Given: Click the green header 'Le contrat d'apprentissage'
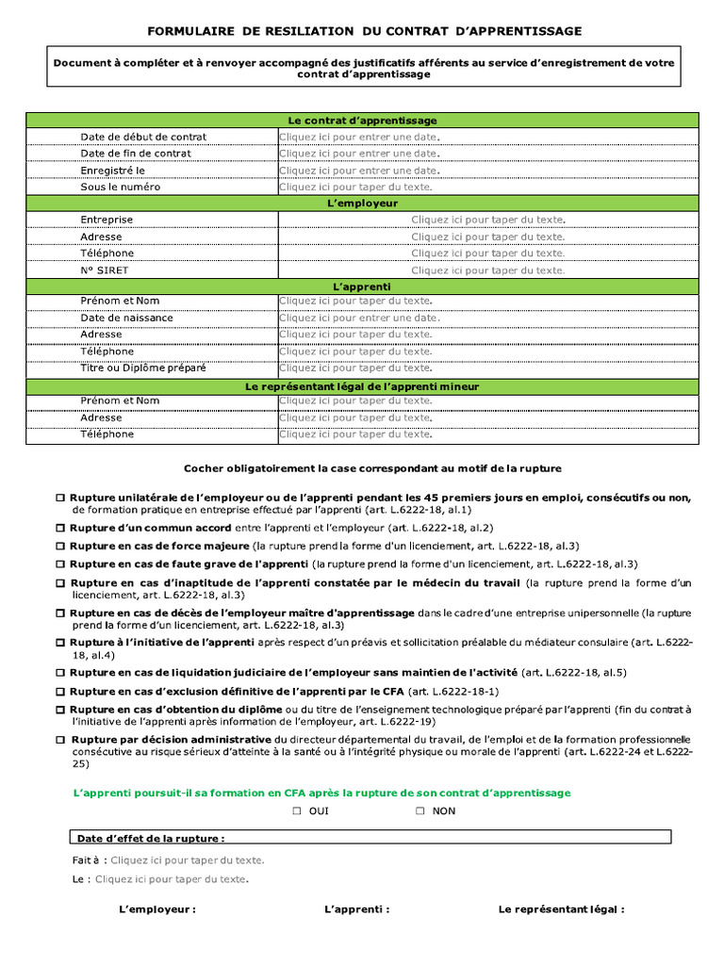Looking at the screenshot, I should [x=362, y=121].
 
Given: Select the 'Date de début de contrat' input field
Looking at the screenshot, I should [x=359, y=137].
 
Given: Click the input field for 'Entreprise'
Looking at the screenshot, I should [x=487, y=220].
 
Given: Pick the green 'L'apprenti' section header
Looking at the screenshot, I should [x=362, y=286].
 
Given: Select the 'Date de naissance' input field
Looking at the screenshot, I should [x=359, y=318].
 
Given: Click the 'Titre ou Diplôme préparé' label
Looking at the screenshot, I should [x=143, y=368].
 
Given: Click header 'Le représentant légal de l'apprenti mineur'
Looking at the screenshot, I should [x=362, y=386].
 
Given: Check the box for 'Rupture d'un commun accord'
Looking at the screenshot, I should [x=60, y=529].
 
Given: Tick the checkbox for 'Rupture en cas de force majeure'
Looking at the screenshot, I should [x=60, y=547].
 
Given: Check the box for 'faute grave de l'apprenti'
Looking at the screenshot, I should [x=60, y=564].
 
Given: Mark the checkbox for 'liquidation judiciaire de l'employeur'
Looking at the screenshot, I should [x=60, y=673].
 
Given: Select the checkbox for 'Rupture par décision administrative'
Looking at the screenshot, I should [x=60, y=740].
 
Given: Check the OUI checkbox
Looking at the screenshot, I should [x=297, y=811].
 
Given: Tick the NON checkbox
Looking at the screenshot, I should [x=420, y=811].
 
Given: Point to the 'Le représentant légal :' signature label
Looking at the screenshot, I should [x=561, y=909].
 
